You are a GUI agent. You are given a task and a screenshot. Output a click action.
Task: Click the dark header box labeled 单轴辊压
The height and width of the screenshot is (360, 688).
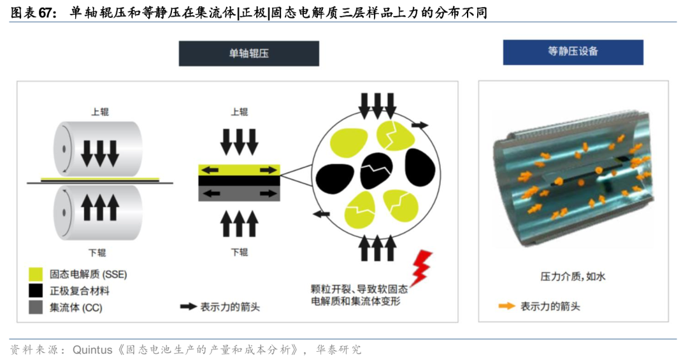coord(249,54)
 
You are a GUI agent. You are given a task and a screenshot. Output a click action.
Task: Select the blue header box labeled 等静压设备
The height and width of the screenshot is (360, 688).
coord(573,52)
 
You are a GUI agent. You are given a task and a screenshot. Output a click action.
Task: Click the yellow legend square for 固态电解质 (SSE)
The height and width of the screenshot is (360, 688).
coord(36,275)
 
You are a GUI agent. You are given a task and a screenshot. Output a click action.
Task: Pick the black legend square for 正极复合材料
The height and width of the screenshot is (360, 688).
coord(36,291)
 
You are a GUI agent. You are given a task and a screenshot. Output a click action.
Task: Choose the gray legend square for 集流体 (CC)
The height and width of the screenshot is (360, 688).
coord(36,307)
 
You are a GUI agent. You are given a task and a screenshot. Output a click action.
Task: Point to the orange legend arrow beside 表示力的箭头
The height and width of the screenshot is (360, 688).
coord(507,306)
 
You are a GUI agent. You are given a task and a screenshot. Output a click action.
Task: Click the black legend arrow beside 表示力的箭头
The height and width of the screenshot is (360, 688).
coord(188,306)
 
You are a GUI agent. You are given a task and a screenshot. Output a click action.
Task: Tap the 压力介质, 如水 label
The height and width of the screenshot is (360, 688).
coord(573,277)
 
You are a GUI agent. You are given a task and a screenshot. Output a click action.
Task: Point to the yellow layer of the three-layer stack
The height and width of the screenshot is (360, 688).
coord(239,170)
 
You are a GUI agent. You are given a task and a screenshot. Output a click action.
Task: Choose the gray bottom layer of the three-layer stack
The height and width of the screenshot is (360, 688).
coord(239,193)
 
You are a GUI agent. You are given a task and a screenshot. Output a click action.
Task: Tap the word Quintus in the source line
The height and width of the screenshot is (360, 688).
coord(92,350)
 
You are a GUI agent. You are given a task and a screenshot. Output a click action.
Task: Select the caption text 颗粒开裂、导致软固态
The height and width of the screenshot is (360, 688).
coord(359,289)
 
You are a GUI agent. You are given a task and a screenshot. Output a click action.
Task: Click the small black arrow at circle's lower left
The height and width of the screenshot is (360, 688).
coord(321,214)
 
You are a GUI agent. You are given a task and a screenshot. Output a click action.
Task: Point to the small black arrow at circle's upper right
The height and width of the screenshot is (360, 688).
coord(420,125)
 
